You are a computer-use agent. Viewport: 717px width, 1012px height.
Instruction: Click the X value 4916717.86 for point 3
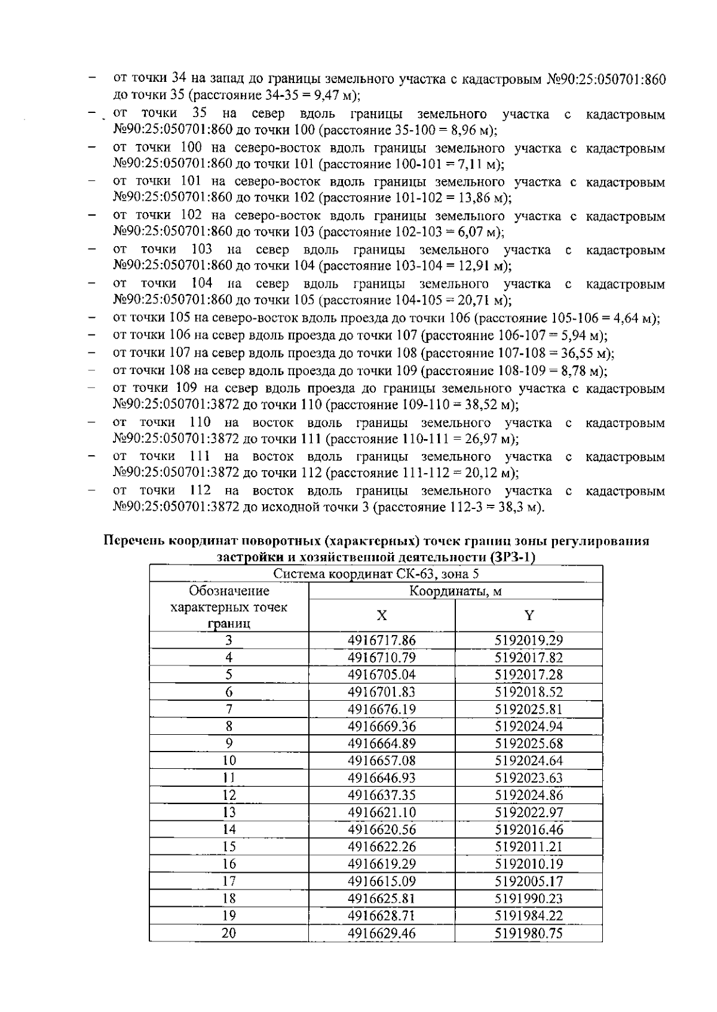(381, 640)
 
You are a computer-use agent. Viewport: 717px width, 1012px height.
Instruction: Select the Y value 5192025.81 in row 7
(529, 709)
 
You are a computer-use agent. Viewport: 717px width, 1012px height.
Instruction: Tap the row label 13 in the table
(229, 812)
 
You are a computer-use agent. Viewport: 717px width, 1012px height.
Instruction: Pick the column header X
(381, 616)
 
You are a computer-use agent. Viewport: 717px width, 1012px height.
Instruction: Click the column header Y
(529, 616)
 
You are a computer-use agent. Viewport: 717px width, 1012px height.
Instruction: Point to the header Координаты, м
(455, 591)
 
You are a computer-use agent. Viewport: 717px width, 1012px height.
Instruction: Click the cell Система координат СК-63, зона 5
(376, 575)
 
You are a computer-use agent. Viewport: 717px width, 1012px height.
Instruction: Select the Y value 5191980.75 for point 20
(529, 933)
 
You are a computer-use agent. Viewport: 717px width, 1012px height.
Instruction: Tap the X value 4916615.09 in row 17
(381, 881)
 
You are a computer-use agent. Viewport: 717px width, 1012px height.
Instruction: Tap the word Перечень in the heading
(134, 541)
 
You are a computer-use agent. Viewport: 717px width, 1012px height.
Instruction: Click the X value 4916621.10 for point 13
(381, 812)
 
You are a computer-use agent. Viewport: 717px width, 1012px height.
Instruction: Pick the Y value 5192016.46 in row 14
(529, 830)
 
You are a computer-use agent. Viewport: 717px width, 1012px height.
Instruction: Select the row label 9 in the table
(229, 744)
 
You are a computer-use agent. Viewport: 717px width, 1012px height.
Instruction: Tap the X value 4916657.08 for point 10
(381, 761)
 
